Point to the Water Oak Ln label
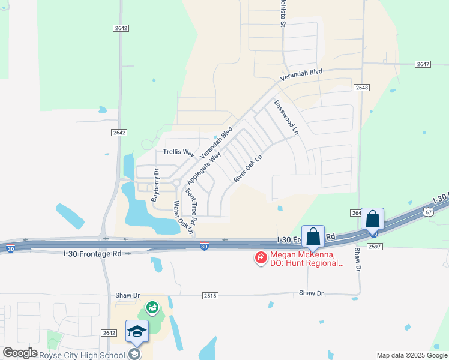click(182, 217)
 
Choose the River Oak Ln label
click(247, 169)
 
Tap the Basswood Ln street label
click(286, 117)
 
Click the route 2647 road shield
click(423, 64)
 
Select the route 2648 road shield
click(361, 88)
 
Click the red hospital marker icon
click(261, 258)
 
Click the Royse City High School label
click(83, 355)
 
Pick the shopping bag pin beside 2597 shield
click(372, 220)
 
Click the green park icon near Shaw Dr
click(152, 308)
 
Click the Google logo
click(20, 353)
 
